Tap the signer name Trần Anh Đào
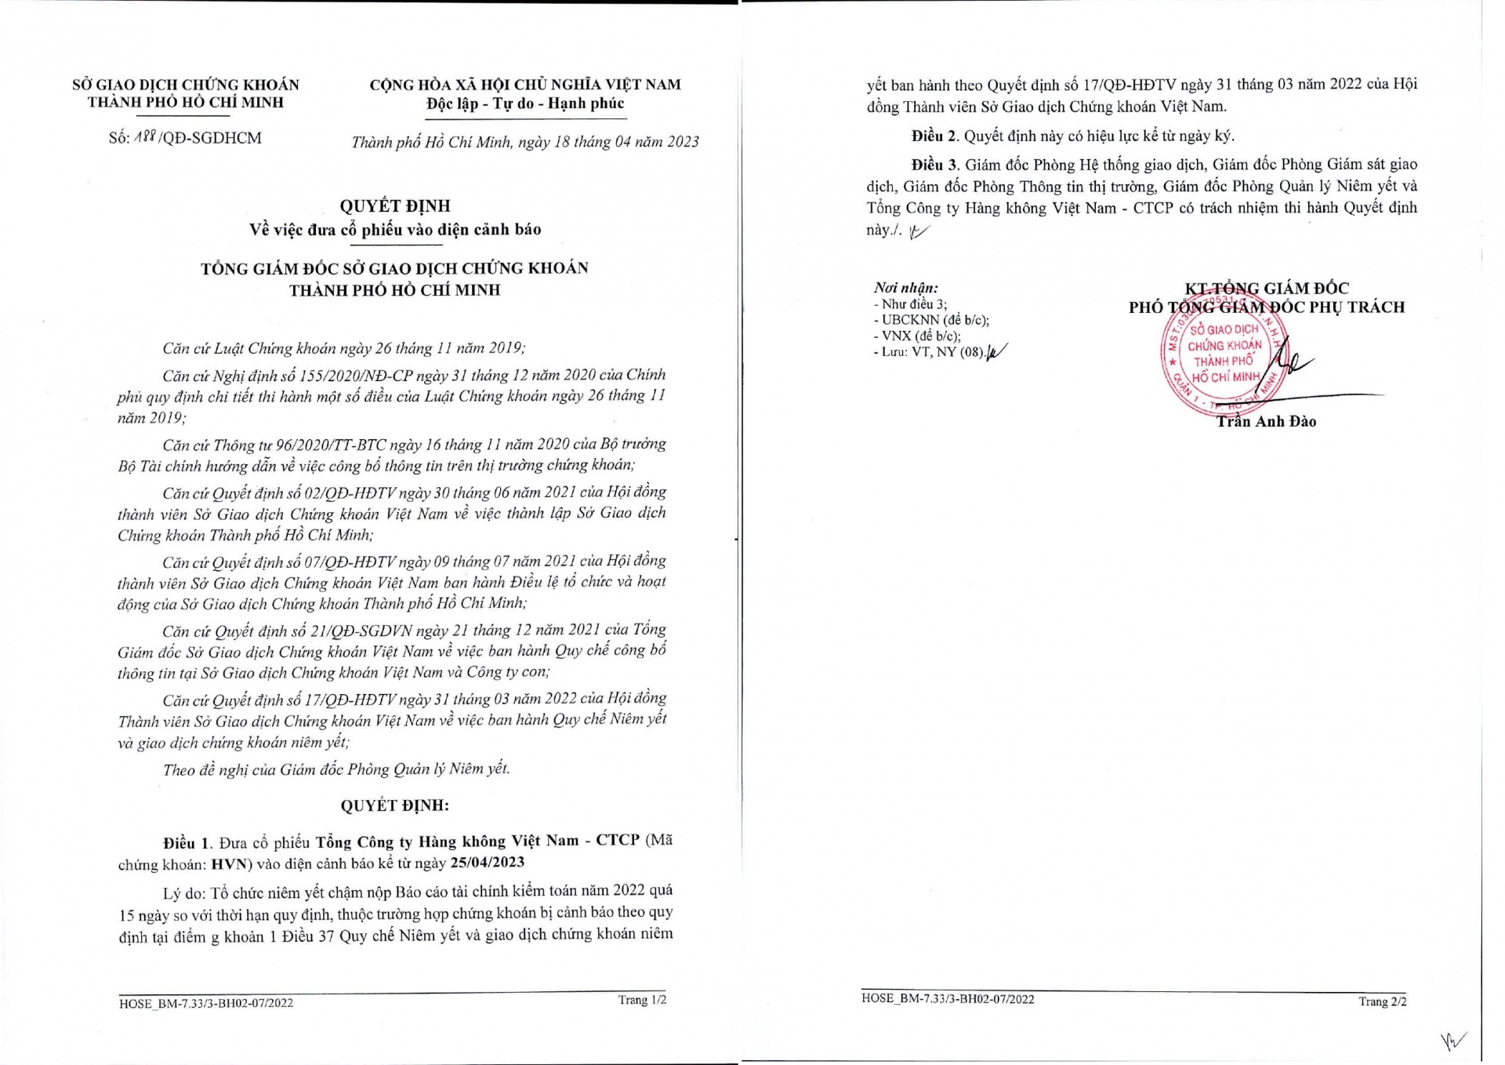(x=1266, y=422)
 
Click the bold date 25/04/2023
(x=487, y=863)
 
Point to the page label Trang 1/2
(x=642, y=1000)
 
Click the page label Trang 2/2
(x=1383, y=1001)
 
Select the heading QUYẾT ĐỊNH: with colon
(x=394, y=805)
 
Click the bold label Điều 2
(x=934, y=136)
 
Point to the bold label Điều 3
(x=934, y=165)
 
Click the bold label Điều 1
(x=187, y=843)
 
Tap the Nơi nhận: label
(x=905, y=288)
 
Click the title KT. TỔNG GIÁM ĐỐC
(x=1267, y=288)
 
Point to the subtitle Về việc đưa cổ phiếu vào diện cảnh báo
(x=395, y=230)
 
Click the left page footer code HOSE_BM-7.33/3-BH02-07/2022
(x=206, y=1002)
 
